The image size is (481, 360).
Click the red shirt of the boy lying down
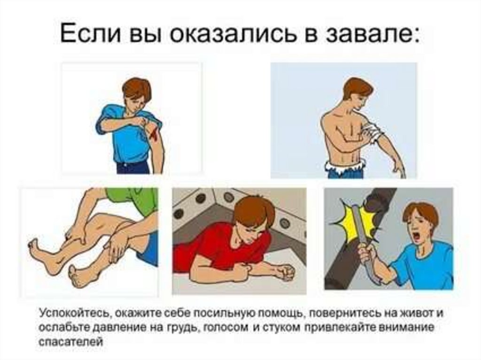tap(215, 245)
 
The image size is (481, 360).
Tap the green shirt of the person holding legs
tap(135, 199)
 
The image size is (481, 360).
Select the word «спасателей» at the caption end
tap(71, 341)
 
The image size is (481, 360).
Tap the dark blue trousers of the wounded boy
tap(132, 168)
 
